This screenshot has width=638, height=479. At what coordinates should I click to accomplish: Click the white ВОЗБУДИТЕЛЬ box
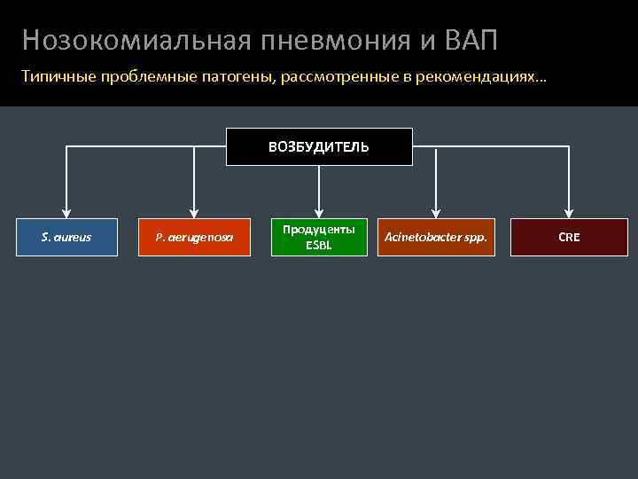coord(319,146)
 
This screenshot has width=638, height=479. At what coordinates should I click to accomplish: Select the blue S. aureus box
coord(66,237)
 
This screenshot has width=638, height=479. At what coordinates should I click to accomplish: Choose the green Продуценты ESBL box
coord(319,237)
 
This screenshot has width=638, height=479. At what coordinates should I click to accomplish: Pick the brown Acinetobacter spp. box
coord(436,237)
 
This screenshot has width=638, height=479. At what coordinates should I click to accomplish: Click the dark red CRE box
coord(569,237)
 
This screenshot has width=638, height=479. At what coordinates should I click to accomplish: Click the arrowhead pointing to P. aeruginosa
coord(193,210)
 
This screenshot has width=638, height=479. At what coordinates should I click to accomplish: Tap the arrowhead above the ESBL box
coord(319,210)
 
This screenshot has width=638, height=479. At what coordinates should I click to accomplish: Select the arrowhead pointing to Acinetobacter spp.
coord(436,210)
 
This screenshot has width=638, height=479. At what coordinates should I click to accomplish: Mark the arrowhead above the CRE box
coord(569,210)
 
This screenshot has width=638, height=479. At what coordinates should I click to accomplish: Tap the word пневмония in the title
coord(338,40)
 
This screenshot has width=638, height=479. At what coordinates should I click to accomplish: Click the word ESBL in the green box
coord(319,245)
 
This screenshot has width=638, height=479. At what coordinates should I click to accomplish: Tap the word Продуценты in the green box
coord(319,230)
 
